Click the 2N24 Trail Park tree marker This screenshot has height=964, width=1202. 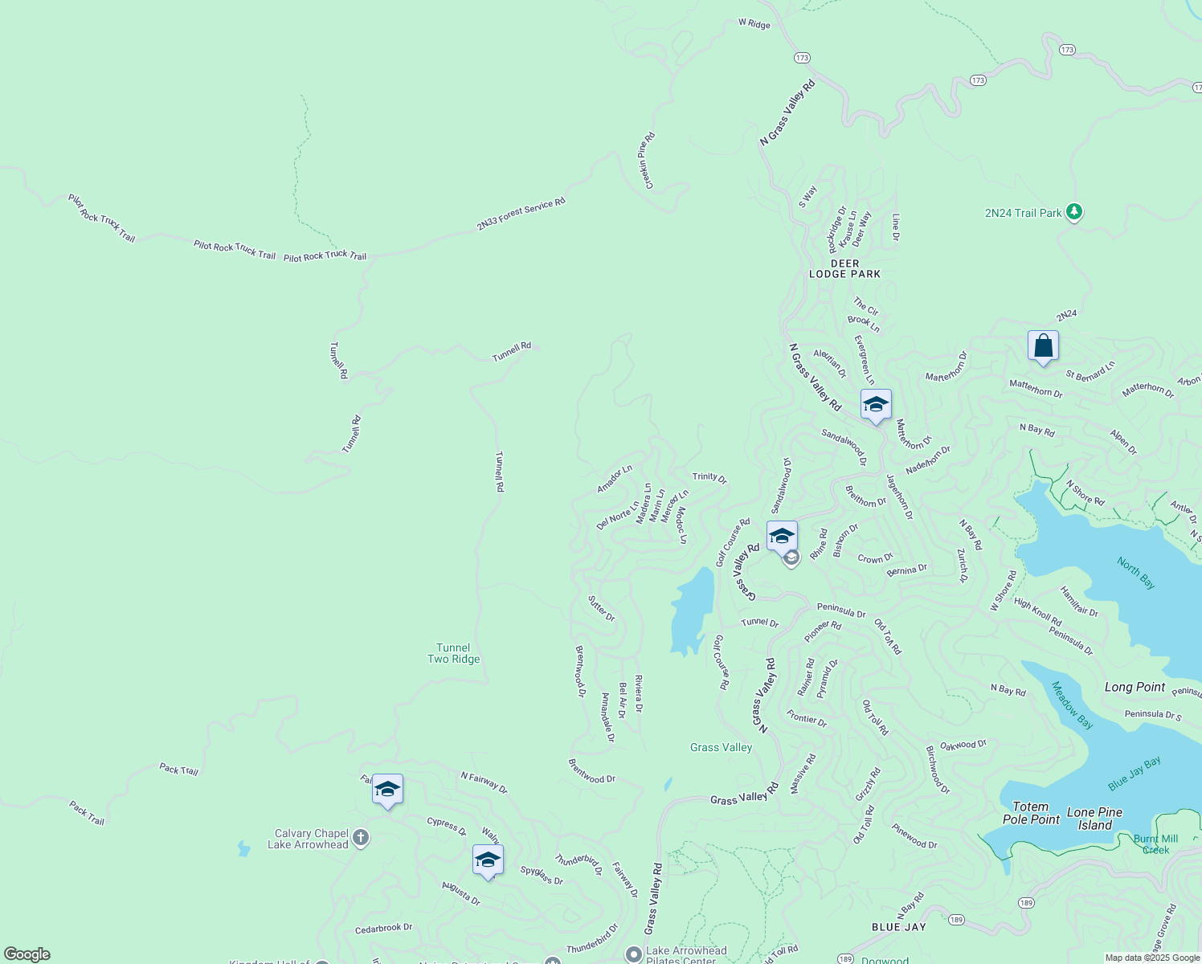click(1074, 213)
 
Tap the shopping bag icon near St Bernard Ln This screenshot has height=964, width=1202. click(1043, 346)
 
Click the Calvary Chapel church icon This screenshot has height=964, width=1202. click(361, 838)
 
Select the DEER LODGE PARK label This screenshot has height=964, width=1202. click(844, 269)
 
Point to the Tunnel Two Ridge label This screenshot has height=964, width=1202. click(453, 653)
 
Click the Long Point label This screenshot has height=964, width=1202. click(1135, 687)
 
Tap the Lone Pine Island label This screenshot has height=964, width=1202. click(1094, 819)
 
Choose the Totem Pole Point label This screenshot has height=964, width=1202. click(1031, 813)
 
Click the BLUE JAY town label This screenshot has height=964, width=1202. click(899, 927)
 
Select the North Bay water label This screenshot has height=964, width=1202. click(1136, 573)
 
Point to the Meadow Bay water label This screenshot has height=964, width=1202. click(1073, 705)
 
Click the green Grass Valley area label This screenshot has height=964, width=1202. click(721, 748)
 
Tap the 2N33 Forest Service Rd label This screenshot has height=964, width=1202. click(521, 214)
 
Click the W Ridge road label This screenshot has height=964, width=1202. click(754, 23)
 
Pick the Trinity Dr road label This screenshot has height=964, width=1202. click(709, 477)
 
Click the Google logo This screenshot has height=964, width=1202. click(27, 954)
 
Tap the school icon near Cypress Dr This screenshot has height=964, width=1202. click(387, 790)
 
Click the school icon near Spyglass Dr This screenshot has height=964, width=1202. click(488, 860)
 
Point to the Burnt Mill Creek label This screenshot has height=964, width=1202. click(1156, 844)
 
